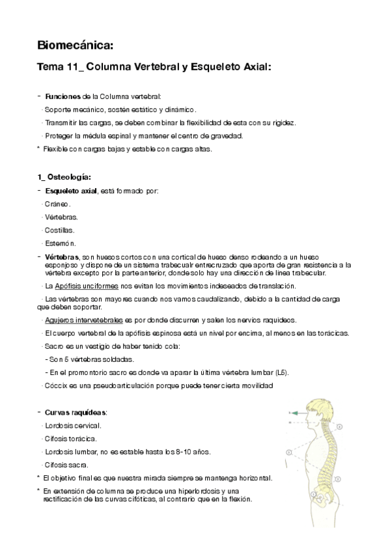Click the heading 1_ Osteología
64,176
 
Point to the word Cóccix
55,386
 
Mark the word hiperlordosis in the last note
204,491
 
